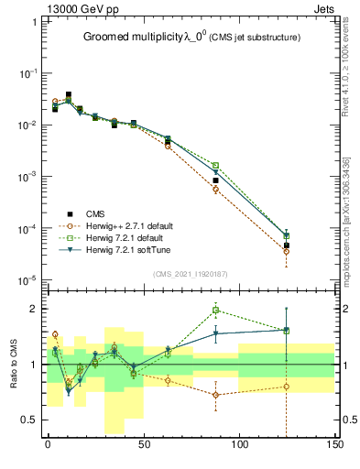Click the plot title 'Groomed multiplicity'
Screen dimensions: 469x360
tap(137, 37)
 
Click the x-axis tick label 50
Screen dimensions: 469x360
tap(144, 445)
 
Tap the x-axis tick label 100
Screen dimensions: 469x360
tap(239, 445)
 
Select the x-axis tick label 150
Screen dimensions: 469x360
tap(334, 445)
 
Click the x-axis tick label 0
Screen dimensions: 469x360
tap(48, 445)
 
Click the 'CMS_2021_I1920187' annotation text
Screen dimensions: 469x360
tap(190, 273)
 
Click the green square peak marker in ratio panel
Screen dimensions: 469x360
tap(216, 310)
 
